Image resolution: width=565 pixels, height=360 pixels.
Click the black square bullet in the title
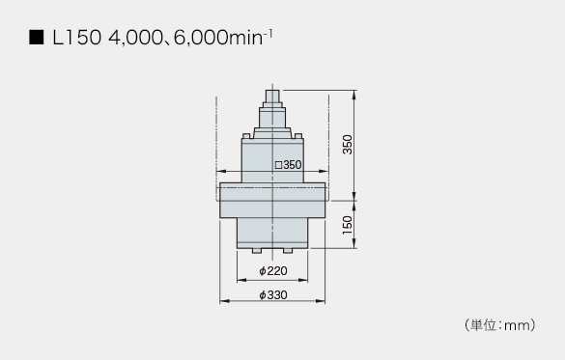[36, 38]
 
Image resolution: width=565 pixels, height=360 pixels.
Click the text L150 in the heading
[76, 38]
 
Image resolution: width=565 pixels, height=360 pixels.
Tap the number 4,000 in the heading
[135, 39]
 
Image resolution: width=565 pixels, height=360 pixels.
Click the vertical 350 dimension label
[348, 145]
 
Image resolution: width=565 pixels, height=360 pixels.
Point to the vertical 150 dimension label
[348, 225]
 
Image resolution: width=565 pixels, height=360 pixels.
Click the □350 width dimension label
[288, 165]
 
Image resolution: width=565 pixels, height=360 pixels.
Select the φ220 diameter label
[273, 270]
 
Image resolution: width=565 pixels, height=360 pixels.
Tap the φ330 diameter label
[273, 295]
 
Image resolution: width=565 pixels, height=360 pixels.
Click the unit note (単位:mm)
[499, 325]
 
